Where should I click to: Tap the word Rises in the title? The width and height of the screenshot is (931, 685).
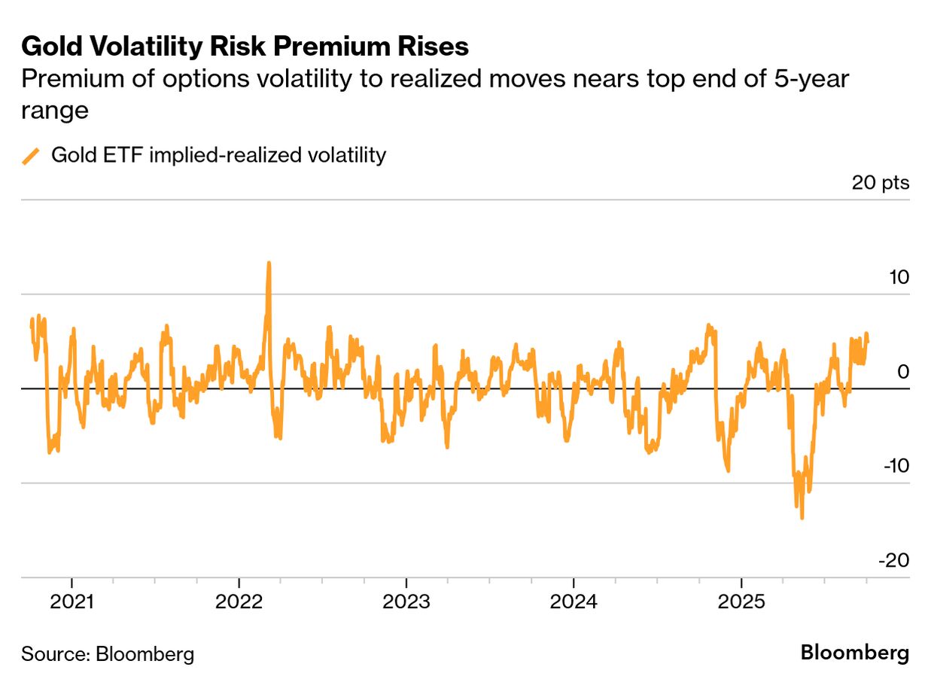point(436,47)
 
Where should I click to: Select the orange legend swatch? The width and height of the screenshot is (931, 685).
point(31,156)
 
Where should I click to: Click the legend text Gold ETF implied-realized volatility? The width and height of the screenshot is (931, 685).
point(218,156)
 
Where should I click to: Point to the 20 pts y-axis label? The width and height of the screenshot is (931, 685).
point(881,183)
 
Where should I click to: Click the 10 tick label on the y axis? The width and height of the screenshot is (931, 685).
point(898,278)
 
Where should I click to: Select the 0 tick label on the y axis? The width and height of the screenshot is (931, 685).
point(903,372)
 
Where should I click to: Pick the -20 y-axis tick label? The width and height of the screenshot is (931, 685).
point(895,561)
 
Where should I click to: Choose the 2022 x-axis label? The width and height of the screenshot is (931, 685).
point(239,603)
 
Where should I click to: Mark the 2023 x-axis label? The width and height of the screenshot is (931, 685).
point(406,603)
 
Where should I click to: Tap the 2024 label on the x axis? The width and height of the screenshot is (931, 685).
point(574,603)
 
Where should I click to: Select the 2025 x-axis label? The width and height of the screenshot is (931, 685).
point(741,603)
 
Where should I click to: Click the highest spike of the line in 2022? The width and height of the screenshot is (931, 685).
point(269,263)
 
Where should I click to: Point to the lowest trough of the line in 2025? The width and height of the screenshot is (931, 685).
point(802,517)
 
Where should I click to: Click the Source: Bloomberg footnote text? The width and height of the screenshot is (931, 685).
point(108,653)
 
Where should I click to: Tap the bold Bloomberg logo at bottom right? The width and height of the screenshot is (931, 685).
point(854,652)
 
